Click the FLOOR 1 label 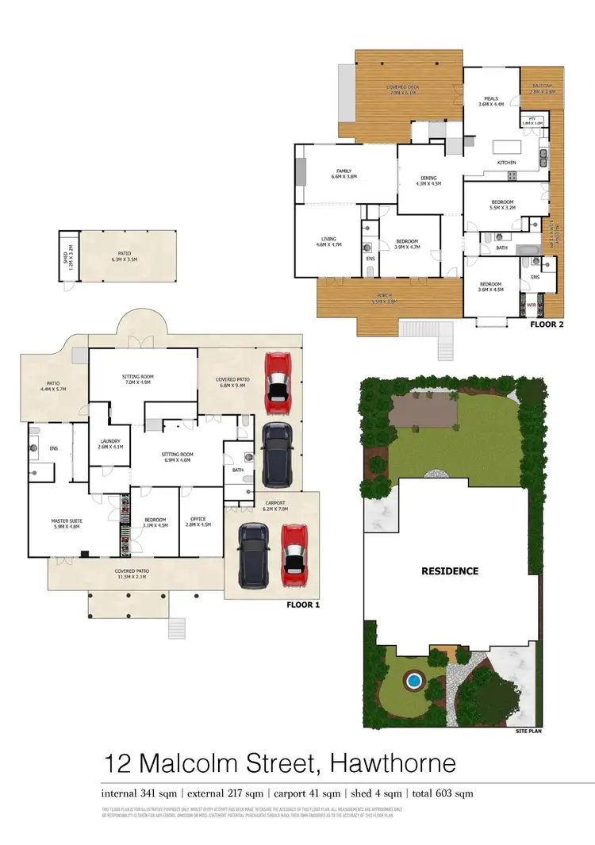pos(302,605)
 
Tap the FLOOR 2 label pos(547,325)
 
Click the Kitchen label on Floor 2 pos(506,163)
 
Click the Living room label pos(328,241)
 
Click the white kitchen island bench pos(505,147)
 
